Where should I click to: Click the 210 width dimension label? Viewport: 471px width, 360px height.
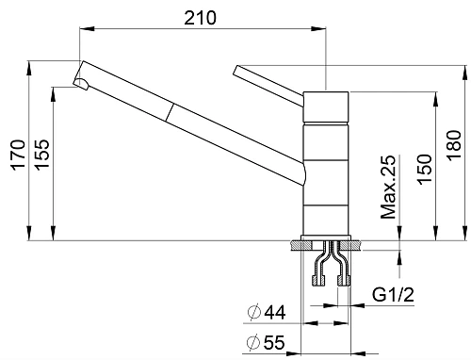200,18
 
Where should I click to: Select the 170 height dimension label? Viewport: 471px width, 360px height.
18,155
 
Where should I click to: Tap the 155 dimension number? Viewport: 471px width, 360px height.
42,155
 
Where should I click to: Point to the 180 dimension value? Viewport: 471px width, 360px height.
454,146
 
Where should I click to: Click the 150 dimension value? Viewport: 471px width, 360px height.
424,169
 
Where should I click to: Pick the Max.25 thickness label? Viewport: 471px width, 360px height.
388,187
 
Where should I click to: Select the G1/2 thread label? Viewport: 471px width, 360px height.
393,295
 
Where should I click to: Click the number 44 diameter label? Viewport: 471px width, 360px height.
275,312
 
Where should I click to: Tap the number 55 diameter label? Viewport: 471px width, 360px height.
274,342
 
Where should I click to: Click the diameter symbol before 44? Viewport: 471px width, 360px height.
254,312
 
